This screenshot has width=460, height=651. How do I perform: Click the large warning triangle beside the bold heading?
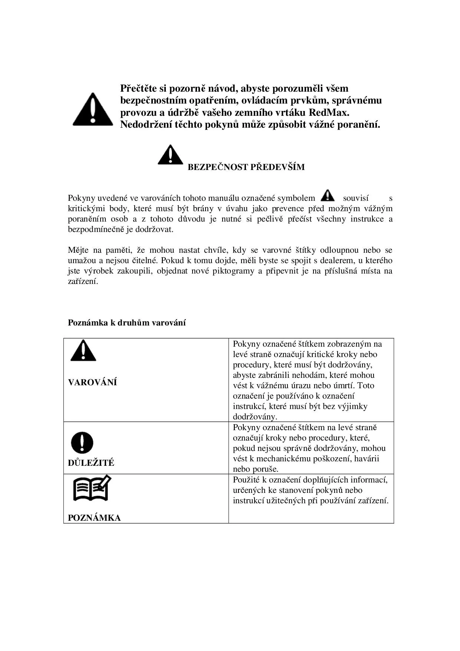(x=93, y=109)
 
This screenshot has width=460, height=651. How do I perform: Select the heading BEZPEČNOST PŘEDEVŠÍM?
(x=246, y=167)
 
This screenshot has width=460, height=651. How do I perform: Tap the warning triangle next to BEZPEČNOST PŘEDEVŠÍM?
(x=170, y=155)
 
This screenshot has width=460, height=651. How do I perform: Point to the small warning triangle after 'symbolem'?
(x=328, y=195)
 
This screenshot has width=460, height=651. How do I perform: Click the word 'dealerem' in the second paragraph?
(x=337, y=261)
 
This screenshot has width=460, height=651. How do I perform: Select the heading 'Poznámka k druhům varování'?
(x=126, y=323)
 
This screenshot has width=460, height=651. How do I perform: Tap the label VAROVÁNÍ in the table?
(x=92, y=383)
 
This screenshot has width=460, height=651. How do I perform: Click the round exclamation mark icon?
(x=82, y=442)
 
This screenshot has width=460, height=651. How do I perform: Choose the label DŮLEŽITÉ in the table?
(x=91, y=463)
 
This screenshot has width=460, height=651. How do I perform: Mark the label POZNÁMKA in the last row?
(x=94, y=518)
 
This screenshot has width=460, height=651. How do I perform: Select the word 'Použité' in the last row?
(x=246, y=480)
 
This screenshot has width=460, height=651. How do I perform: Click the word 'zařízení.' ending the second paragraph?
(x=83, y=281)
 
